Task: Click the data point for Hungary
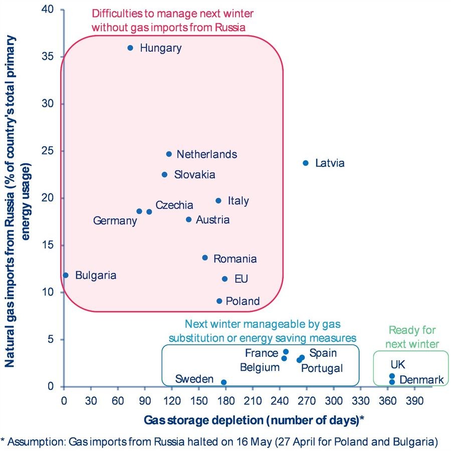click(x=130, y=48)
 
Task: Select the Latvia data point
click(x=306, y=163)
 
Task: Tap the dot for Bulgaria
click(x=66, y=275)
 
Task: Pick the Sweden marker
click(x=223, y=382)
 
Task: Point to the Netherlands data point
click(x=169, y=154)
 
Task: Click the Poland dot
click(x=219, y=301)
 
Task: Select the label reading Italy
click(x=238, y=201)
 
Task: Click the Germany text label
click(x=115, y=220)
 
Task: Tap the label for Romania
click(x=235, y=259)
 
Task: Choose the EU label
click(x=241, y=279)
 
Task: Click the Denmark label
click(x=421, y=380)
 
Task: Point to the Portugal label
click(x=322, y=368)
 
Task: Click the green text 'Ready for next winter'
click(x=412, y=337)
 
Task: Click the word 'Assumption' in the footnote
click(x=37, y=441)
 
